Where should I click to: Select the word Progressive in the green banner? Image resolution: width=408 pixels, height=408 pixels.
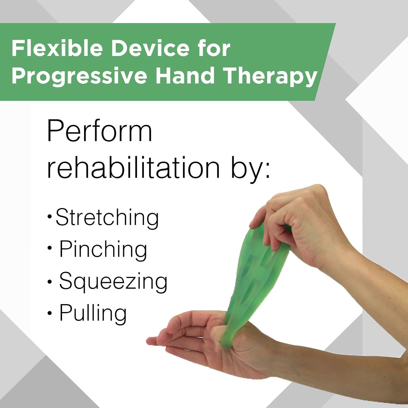click(x=79, y=76)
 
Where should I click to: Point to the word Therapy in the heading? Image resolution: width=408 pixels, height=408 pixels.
click(x=270, y=76)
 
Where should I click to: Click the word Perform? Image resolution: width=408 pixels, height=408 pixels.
click(x=100, y=131)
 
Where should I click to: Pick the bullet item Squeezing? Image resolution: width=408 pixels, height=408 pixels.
click(x=113, y=282)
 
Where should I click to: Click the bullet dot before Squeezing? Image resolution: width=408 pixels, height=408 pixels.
click(x=50, y=282)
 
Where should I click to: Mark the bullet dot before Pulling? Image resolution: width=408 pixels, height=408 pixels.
click(x=50, y=313)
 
